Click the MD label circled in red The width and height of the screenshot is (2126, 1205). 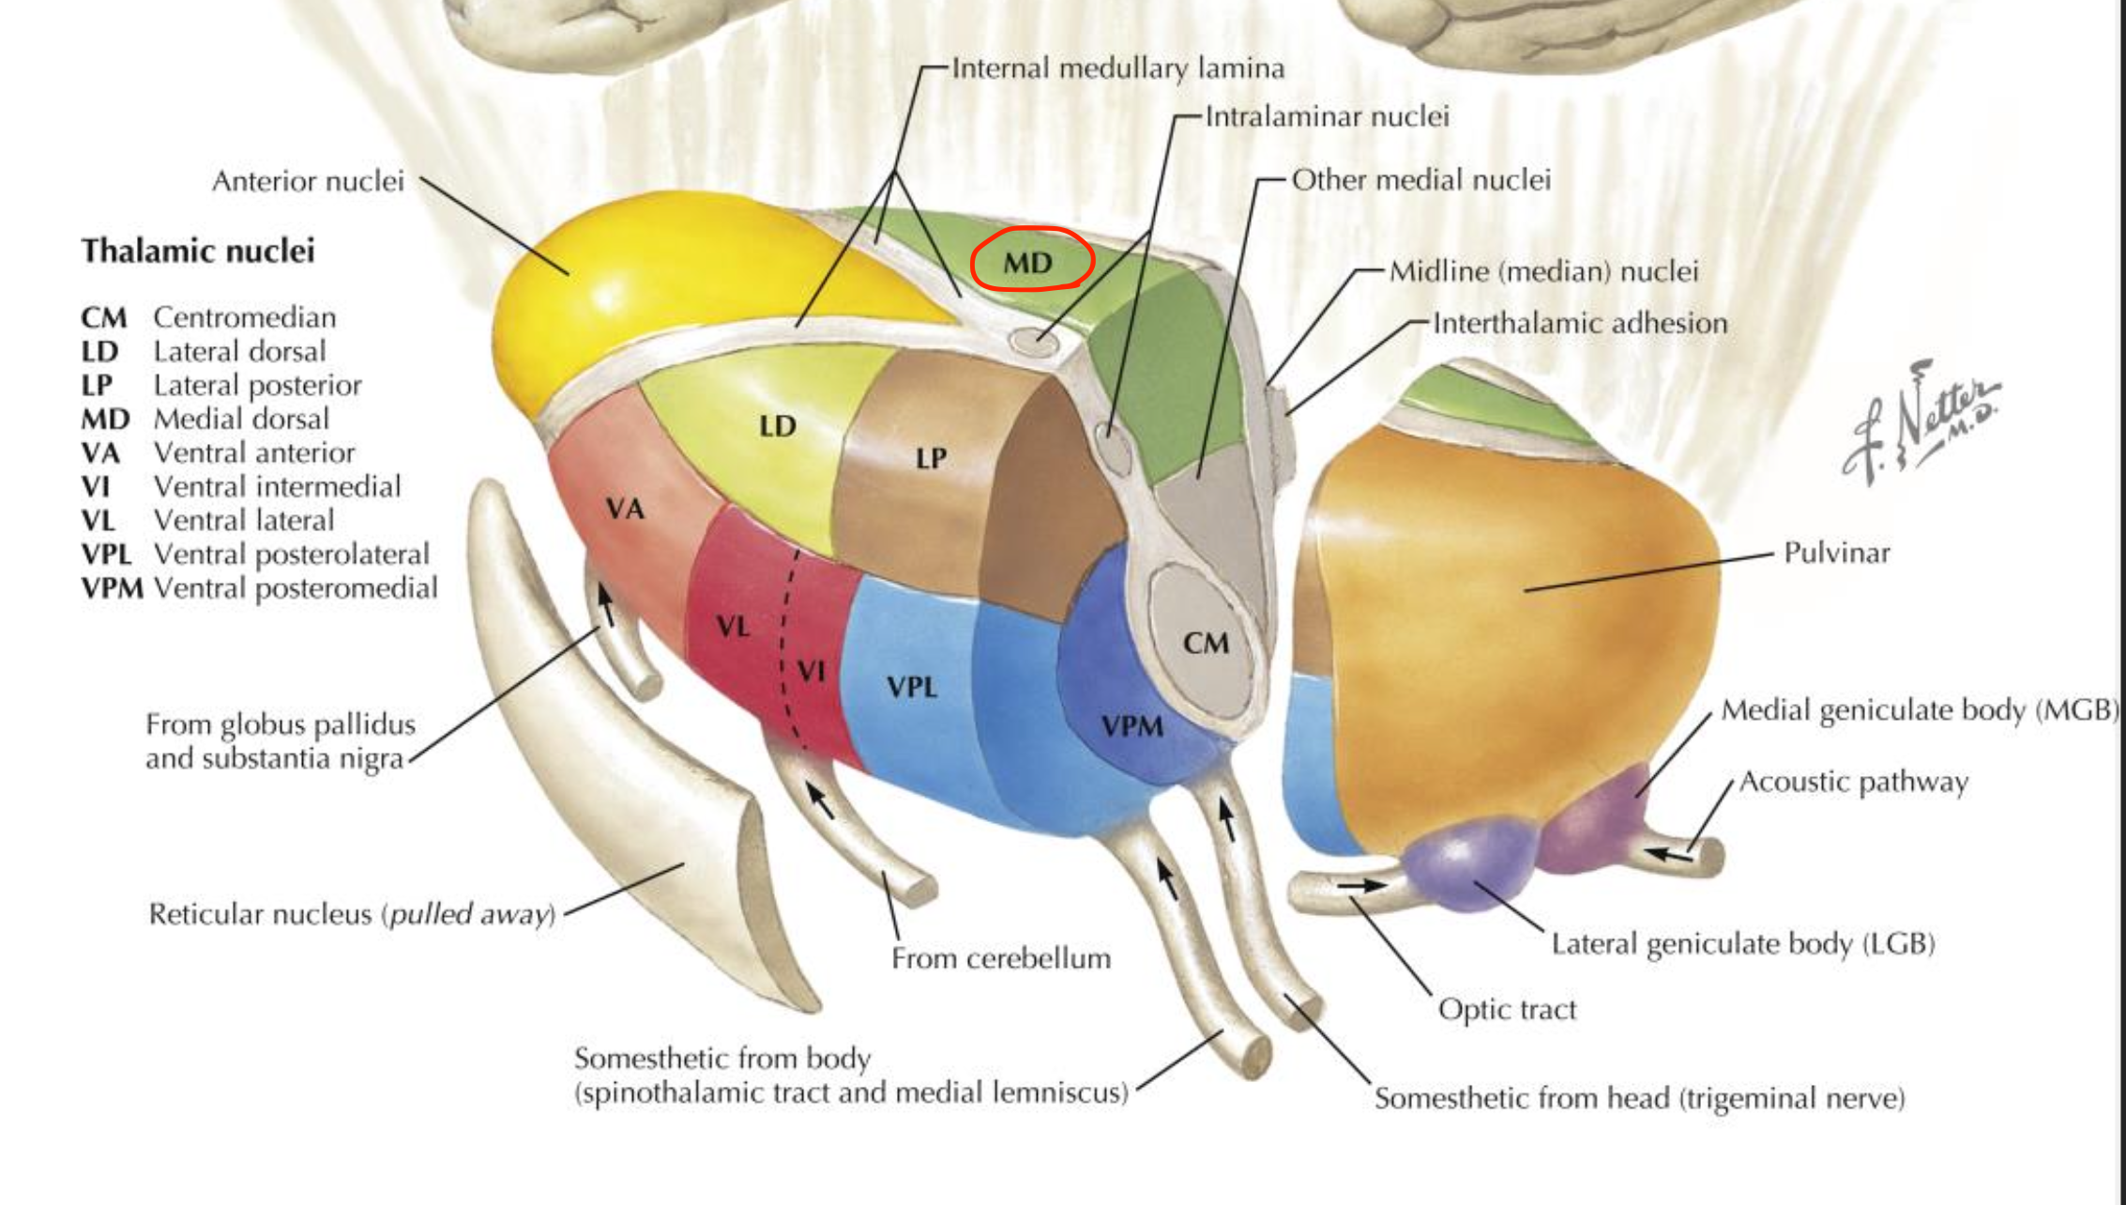(x=1029, y=262)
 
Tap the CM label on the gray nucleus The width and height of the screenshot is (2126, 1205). (x=1206, y=644)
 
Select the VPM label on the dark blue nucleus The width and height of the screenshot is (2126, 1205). (x=1132, y=726)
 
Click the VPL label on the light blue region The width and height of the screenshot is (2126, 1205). (x=912, y=688)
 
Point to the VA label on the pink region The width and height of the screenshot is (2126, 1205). (x=625, y=510)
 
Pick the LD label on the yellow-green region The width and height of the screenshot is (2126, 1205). (x=778, y=427)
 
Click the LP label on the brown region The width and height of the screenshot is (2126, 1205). (x=931, y=459)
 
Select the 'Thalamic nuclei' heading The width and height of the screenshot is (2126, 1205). (x=198, y=251)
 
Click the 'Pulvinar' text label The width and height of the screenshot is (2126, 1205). (x=1836, y=553)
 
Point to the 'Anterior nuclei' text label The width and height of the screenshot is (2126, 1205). (x=308, y=180)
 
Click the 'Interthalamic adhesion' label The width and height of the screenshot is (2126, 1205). (x=1580, y=324)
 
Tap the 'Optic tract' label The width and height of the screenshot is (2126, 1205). (x=1507, y=1010)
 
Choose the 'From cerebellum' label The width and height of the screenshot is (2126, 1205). (x=1001, y=958)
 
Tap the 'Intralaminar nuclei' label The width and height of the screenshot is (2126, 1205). (x=1327, y=116)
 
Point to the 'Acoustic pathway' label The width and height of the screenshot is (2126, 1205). (x=1854, y=782)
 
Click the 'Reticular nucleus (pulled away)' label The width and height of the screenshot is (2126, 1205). (x=352, y=914)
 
